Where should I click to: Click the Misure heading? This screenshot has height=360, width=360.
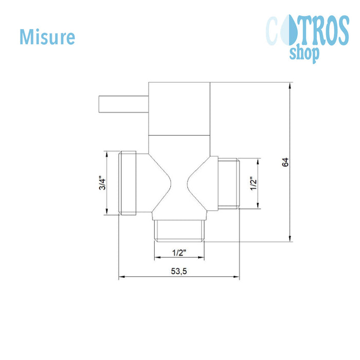(x=47, y=37)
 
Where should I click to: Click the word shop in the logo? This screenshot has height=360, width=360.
(x=304, y=54)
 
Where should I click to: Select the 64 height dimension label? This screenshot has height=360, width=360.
(x=285, y=162)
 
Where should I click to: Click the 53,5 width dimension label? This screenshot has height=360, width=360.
(x=179, y=271)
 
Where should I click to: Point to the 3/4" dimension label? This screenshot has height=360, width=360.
(x=102, y=183)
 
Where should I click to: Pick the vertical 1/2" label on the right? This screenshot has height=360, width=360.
(x=254, y=184)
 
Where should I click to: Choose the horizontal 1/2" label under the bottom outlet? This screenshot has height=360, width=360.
(x=179, y=253)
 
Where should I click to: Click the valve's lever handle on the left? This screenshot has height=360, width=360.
(x=123, y=104)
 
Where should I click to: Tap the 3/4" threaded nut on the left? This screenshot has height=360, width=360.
(x=128, y=183)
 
